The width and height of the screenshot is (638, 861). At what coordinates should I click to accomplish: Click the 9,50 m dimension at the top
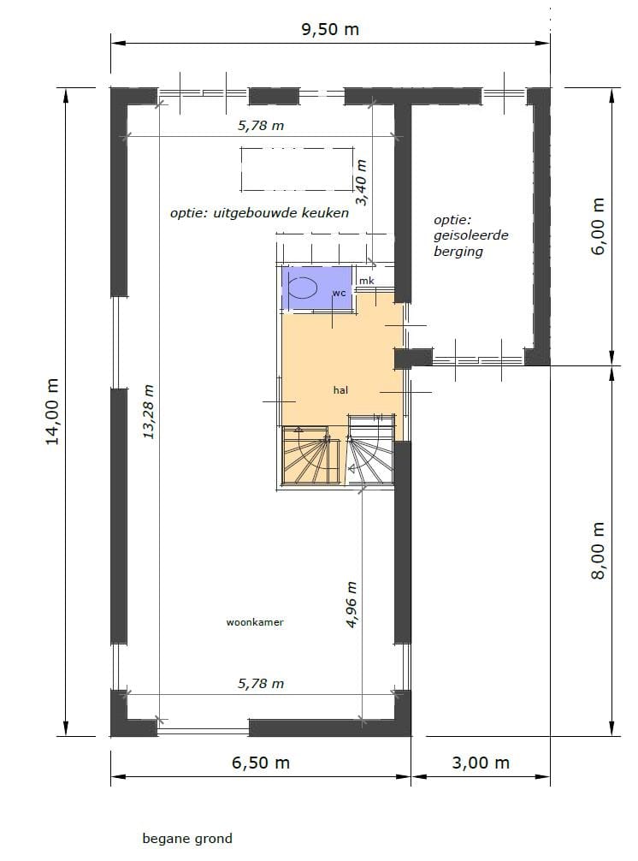[330, 29]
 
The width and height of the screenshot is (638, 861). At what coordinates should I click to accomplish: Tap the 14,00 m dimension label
[53, 411]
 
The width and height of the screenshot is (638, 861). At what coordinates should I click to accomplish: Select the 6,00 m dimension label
[598, 226]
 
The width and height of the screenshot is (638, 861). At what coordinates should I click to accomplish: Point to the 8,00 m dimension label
[598, 550]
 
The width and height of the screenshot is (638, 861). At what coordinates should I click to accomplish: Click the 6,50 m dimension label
[260, 763]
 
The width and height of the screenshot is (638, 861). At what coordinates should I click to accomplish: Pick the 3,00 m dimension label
[481, 763]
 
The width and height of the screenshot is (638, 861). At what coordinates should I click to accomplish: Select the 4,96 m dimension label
[351, 605]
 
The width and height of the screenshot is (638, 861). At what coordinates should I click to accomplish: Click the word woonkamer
[255, 622]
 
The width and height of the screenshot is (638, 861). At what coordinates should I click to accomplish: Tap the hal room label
[341, 390]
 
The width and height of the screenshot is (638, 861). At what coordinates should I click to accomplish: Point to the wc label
[339, 293]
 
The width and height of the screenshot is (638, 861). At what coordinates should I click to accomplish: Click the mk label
[366, 281]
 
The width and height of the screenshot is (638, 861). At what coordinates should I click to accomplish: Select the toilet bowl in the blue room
[302, 288]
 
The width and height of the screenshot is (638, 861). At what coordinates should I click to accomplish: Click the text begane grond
[187, 839]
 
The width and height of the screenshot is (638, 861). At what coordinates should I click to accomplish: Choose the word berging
[458, 252]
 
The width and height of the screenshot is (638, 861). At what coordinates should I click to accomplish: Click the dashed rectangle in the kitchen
[297, 168]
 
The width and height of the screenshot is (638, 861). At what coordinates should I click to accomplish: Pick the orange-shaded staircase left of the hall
[308, 457]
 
